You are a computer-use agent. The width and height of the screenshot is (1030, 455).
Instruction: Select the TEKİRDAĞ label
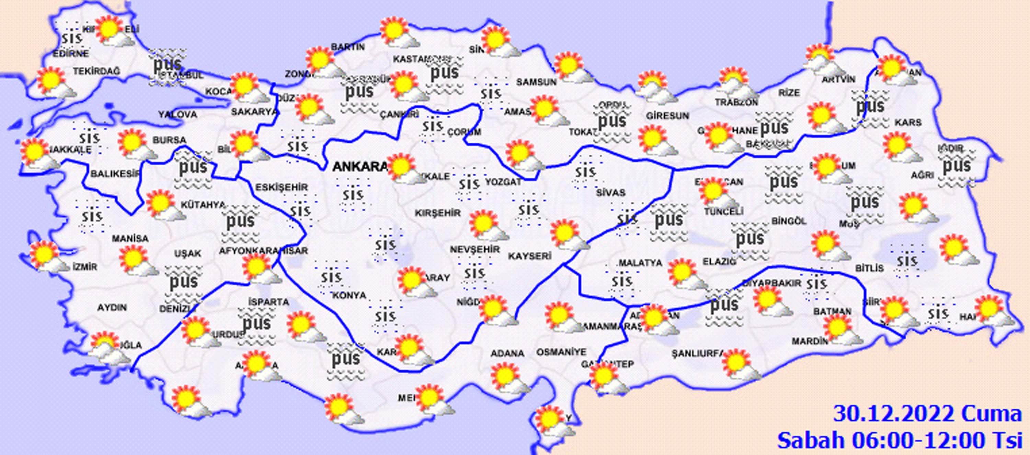point(96,71)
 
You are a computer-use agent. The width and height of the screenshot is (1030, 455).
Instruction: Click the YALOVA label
point(178,115)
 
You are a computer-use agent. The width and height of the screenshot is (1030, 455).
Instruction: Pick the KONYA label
point(349,295)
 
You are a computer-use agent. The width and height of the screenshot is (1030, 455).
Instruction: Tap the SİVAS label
point(610,193)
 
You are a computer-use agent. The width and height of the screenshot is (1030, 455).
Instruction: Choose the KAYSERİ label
point(530,256)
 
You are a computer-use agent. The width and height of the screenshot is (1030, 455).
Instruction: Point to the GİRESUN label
point(667,116)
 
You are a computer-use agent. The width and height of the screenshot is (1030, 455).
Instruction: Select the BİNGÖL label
point(789,221)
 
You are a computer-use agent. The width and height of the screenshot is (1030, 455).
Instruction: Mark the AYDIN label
point(112,308)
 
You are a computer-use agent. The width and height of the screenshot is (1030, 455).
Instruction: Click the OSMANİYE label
point(561,352)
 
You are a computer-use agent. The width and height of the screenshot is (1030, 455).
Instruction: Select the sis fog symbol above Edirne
point(72,38)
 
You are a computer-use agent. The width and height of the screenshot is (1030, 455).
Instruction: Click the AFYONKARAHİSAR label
point(263,251)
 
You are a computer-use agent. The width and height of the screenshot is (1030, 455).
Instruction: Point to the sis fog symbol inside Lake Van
point(906,261)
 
